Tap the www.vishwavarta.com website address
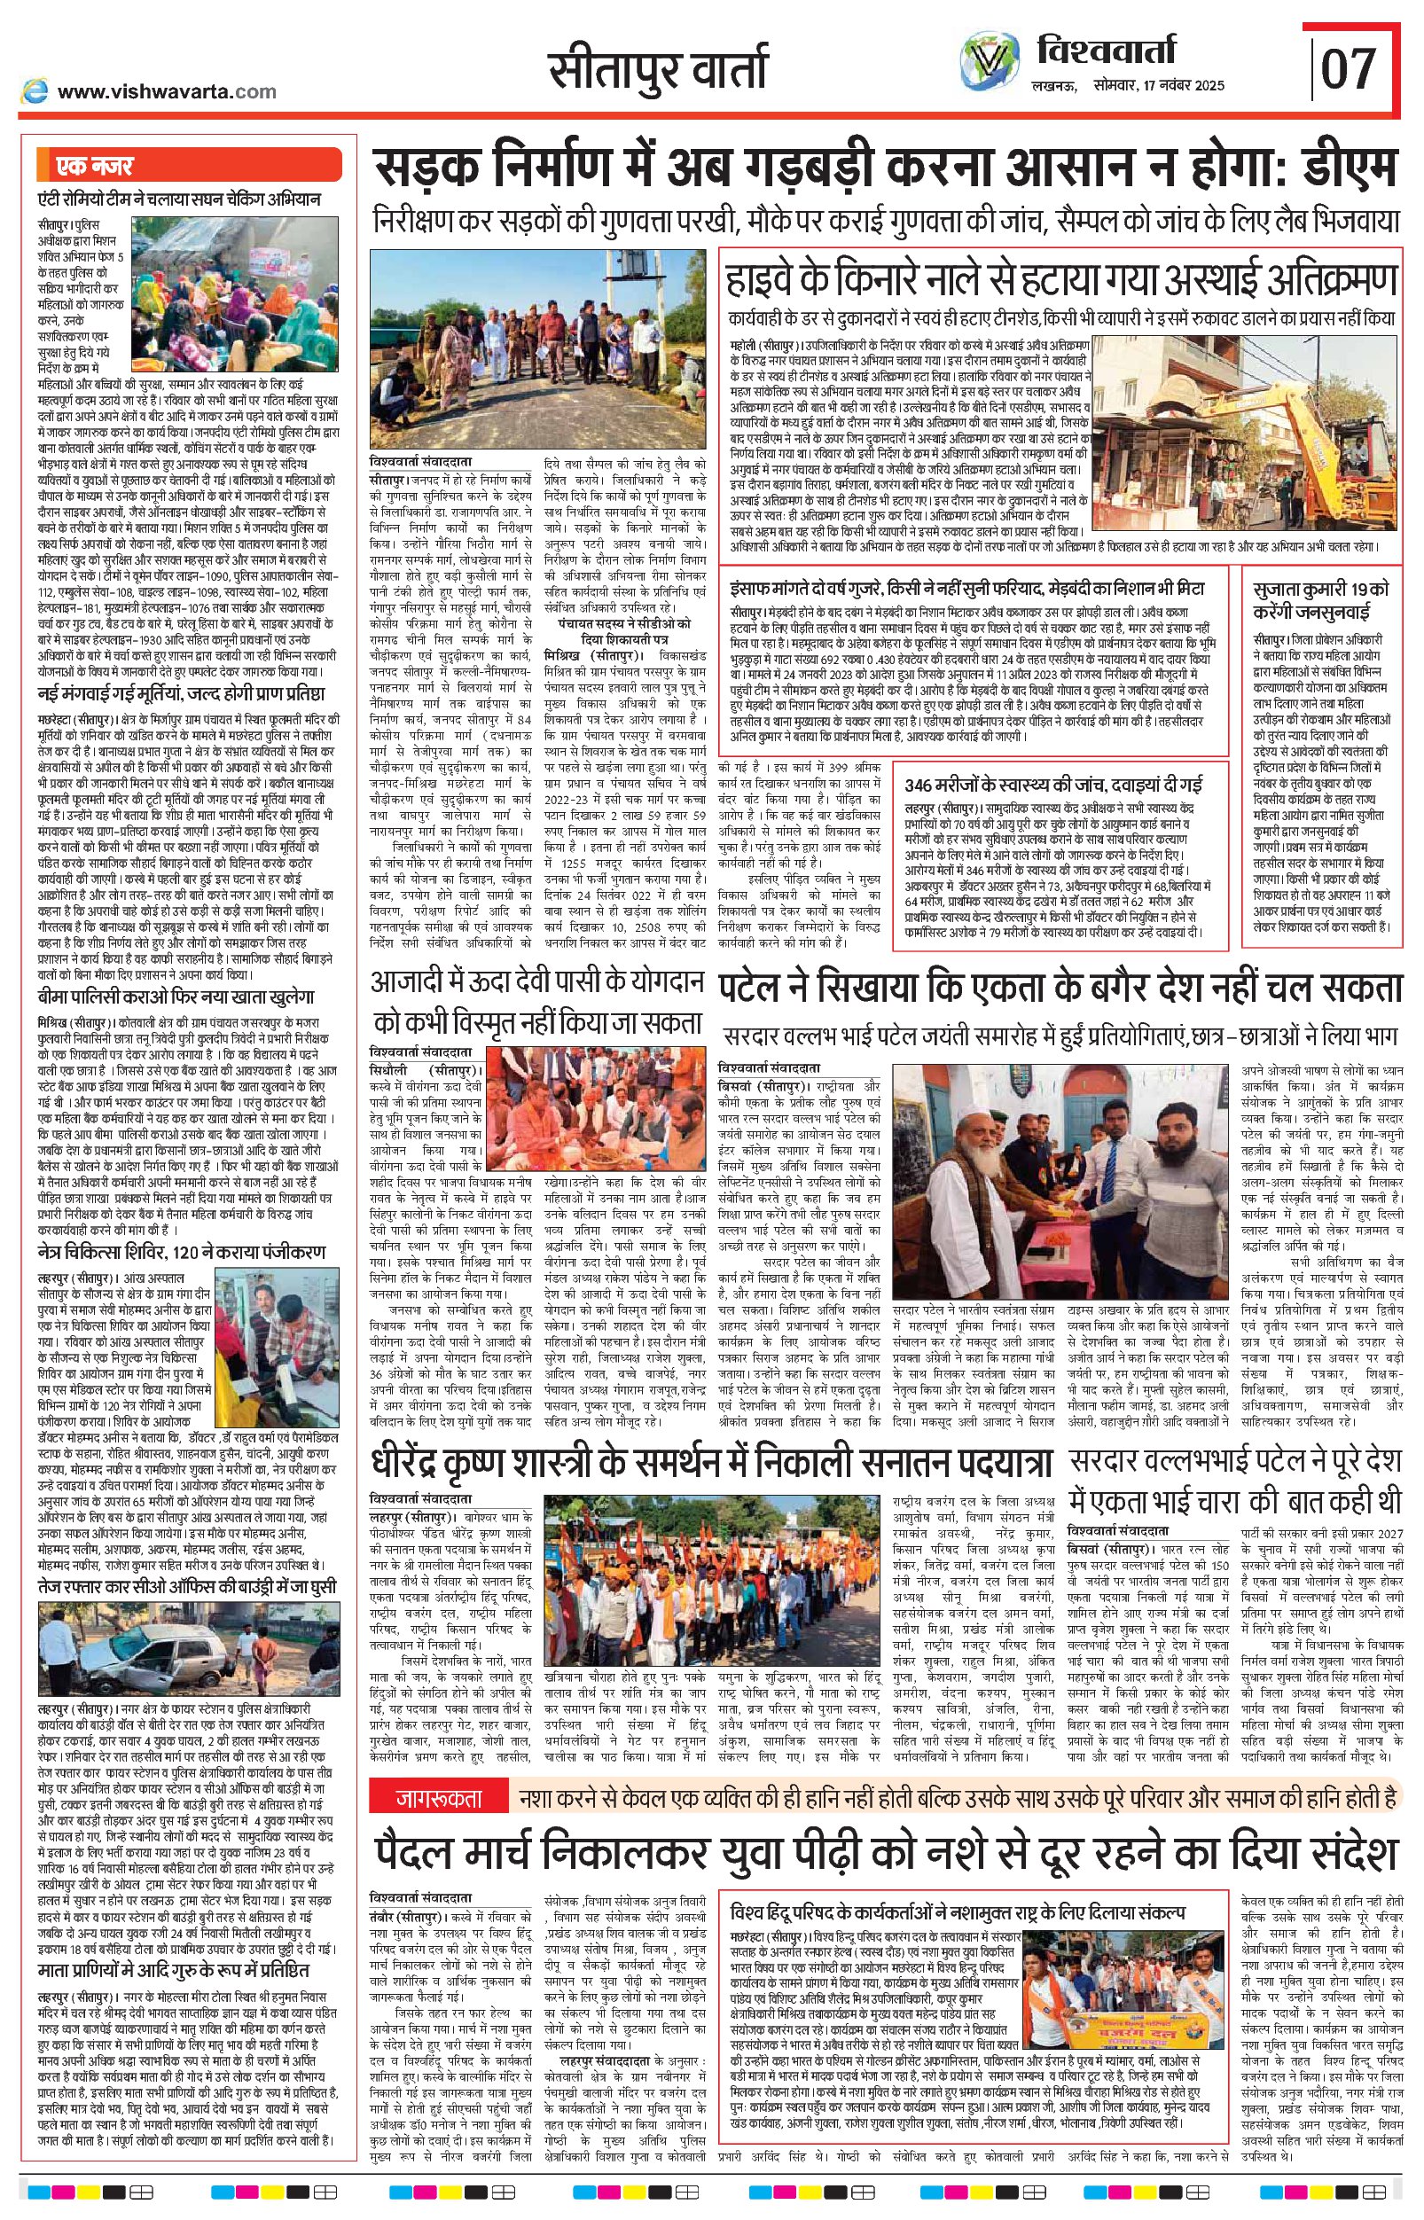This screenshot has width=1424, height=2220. (167, 90)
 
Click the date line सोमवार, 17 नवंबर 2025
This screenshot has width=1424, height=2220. (1165, 85)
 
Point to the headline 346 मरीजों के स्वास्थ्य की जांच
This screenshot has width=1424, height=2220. (1054, 785)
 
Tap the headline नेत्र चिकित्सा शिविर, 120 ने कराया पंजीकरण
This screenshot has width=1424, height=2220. (181, 1252)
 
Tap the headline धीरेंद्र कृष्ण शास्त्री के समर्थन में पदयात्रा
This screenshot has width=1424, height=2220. (712, 1464)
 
